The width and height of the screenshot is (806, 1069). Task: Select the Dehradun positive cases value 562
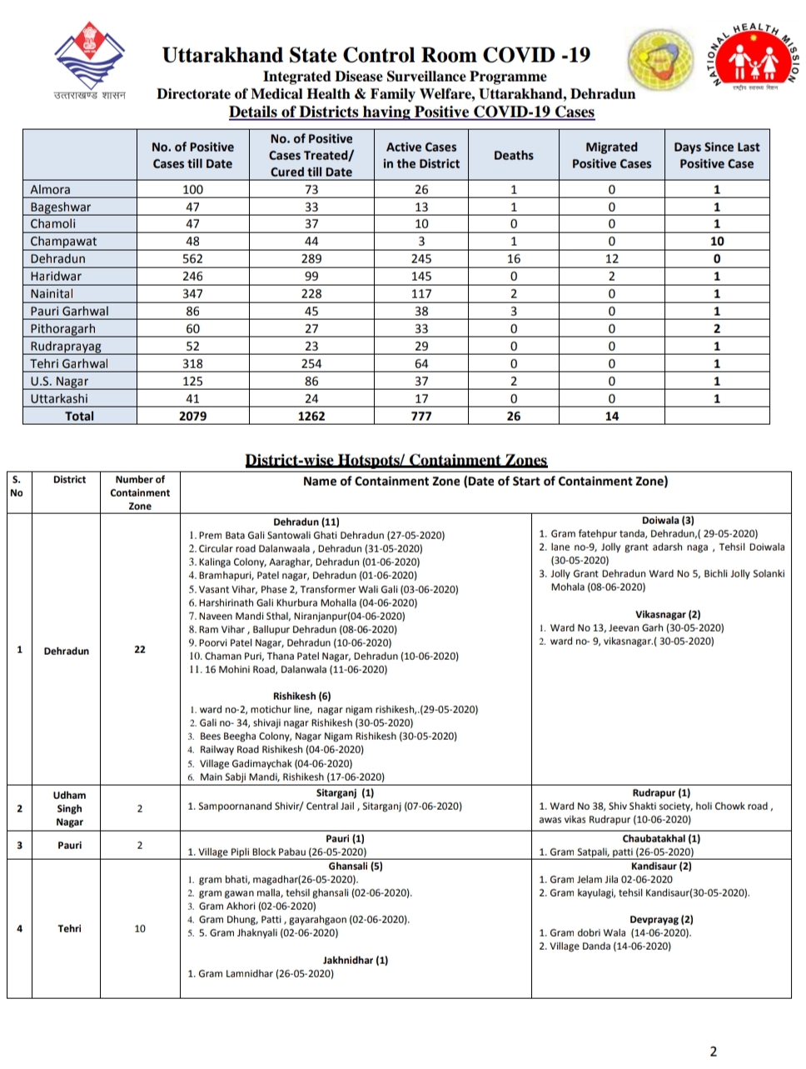(192, 259)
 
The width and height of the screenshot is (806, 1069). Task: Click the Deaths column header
(513, 155)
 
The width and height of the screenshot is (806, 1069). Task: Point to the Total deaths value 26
(513, 416)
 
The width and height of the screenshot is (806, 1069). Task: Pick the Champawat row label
(63, 242)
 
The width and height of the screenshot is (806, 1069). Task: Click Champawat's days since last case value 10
(716, 242)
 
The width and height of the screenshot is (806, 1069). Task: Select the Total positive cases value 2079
(192, 416)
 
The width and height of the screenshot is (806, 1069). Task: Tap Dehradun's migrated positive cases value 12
(611, 259)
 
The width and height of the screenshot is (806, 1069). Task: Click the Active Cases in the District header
(421, 155)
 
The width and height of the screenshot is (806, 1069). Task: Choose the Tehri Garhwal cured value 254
(311, 363)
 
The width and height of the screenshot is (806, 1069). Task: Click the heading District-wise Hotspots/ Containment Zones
(396, 460)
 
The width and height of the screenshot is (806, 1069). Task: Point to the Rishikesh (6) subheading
(301, 696)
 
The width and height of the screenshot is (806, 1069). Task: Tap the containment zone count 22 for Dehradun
(140, 650)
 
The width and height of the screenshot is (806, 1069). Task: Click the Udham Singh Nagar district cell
(69, 808)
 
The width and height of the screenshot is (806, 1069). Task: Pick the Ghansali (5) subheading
(356, 866)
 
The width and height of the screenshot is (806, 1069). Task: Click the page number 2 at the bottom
(713, 1052)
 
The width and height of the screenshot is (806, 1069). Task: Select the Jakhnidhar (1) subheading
(356, 960)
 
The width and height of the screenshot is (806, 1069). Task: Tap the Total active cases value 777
(421, 416)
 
